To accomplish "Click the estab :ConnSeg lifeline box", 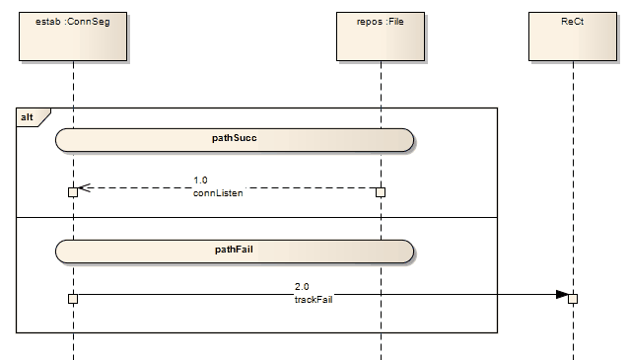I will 72,36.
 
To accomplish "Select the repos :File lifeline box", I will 381,36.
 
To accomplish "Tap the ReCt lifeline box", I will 573,36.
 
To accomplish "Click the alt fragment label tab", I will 31,117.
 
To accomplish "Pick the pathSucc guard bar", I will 235,139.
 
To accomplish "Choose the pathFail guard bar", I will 235,251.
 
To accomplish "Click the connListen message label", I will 218,193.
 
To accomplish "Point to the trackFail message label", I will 314,299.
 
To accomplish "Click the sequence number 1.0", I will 200,180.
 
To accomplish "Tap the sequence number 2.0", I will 302,286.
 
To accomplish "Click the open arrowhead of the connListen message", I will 84,187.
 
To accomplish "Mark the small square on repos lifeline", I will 381,192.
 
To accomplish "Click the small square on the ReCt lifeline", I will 573,299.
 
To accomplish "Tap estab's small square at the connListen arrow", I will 72,192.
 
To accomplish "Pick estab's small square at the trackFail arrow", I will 72,298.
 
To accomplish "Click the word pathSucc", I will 235,138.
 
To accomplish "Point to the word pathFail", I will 235,251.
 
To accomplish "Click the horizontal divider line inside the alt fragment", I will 256,217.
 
